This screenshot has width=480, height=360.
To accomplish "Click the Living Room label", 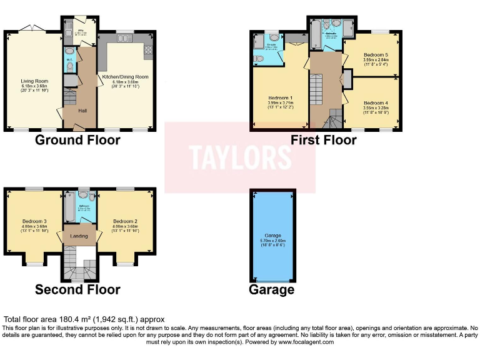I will [35, 81].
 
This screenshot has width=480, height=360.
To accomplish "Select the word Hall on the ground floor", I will [82, 111].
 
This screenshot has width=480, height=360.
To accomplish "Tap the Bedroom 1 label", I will [280, 98].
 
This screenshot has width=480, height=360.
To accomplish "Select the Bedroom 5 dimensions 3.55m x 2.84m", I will [376, 60].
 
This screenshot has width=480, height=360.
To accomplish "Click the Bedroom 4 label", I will [376, 102].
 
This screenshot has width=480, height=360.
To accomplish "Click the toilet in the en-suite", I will [259, 57].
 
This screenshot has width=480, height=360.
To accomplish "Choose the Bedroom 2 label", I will [125, 221].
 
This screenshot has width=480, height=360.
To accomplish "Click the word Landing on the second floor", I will [78, 236].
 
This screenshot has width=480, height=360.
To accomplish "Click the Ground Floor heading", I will [77, 139].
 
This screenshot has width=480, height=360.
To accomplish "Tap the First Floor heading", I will [323, 139].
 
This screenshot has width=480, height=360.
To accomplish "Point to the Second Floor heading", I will [77, 289].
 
